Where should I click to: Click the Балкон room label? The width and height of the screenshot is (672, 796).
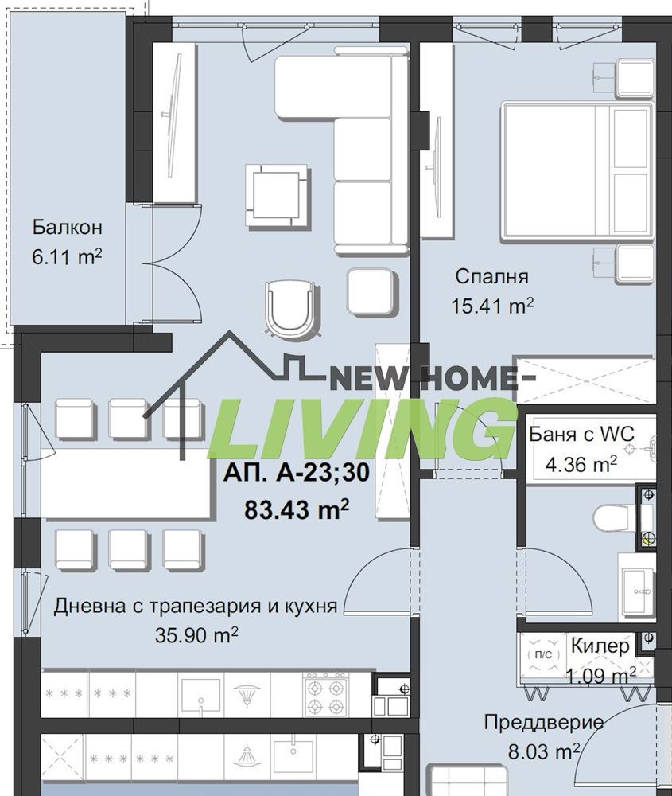pos(68,228)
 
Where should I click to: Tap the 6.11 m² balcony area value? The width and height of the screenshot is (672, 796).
pos(68,258)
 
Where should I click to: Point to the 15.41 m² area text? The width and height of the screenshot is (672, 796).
pos(493,306)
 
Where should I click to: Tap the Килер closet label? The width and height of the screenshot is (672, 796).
pos(600,646)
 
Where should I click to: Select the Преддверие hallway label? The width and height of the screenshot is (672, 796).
pos(544,723)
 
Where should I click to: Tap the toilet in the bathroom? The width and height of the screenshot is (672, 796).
pos(612,520)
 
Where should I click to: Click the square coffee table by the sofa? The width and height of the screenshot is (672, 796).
pos(277,194)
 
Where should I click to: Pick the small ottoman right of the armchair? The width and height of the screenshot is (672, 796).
pos(371,291)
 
